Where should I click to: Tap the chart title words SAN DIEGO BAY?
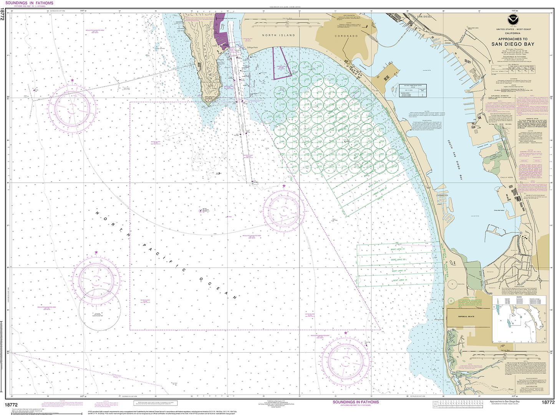coord(513,44)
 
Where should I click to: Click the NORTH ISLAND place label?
coord(278,35)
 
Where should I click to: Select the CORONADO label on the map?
coord(346,36)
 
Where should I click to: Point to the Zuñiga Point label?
coord(252,48)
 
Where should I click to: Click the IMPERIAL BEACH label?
coord(466,316)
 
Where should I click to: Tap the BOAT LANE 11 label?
coord(398,249)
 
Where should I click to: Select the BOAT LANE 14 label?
coord(400,280)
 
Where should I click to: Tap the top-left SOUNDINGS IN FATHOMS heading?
coord(29,3)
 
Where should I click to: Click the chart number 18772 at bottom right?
coord(548,402)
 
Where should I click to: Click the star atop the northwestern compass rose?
coord(72,81)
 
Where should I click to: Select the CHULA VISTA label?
coord(507,178)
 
